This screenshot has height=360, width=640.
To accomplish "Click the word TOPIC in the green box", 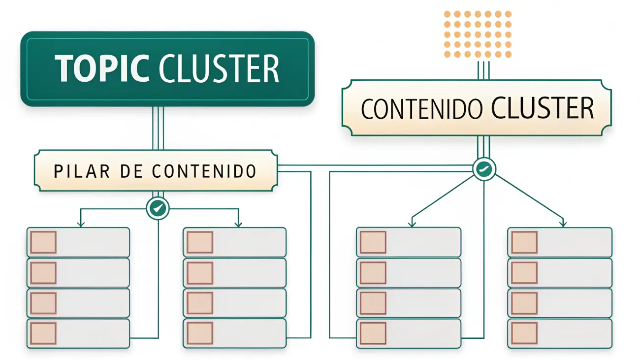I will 102,68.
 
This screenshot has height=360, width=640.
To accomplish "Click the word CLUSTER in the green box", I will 220,68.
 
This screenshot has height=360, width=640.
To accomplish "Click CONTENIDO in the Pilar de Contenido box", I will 204,171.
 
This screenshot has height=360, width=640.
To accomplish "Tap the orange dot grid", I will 478,34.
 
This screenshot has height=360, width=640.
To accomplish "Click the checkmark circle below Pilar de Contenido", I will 158,209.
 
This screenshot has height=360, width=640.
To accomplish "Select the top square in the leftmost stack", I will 43,242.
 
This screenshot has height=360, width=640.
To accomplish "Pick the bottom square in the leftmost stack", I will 43,333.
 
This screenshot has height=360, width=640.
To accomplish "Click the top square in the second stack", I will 200,242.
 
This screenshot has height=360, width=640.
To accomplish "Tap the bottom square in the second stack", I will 200,333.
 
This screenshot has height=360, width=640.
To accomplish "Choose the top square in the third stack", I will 373,242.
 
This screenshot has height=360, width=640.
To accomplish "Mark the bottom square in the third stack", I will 373,333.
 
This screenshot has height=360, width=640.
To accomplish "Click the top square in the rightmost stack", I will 524,242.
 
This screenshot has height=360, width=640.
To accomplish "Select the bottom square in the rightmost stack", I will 524,333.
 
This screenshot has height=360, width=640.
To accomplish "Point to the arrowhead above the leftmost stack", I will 81,224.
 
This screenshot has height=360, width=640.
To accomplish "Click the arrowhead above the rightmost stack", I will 563,224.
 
